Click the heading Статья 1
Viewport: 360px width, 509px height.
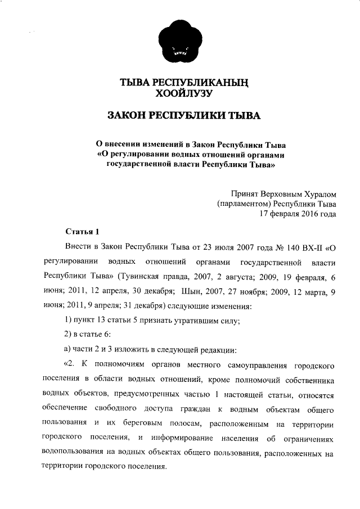tap(82, 232)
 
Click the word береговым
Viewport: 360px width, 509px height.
tap(148, 422)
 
